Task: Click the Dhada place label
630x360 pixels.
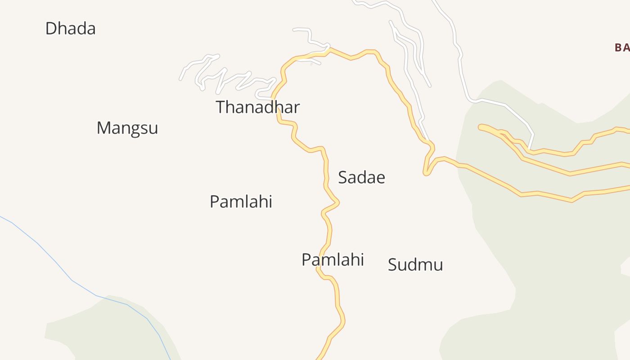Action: (x=70, y=29)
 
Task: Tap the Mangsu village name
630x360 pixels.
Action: (x=127, y=128)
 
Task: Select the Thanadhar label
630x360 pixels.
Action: (x=257, y=108)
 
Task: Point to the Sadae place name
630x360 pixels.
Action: (x=361, y=178)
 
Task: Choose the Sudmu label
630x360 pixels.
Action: (x=415, y=265)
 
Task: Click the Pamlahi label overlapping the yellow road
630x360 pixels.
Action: (x=333, y=260)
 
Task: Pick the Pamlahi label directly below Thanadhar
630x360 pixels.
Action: (x=241, y=202)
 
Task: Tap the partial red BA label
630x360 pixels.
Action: (x=622, y=47)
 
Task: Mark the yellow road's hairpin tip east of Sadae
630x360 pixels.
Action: (x=426, y=173)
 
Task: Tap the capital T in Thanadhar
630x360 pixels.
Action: (x=221, y=108)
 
